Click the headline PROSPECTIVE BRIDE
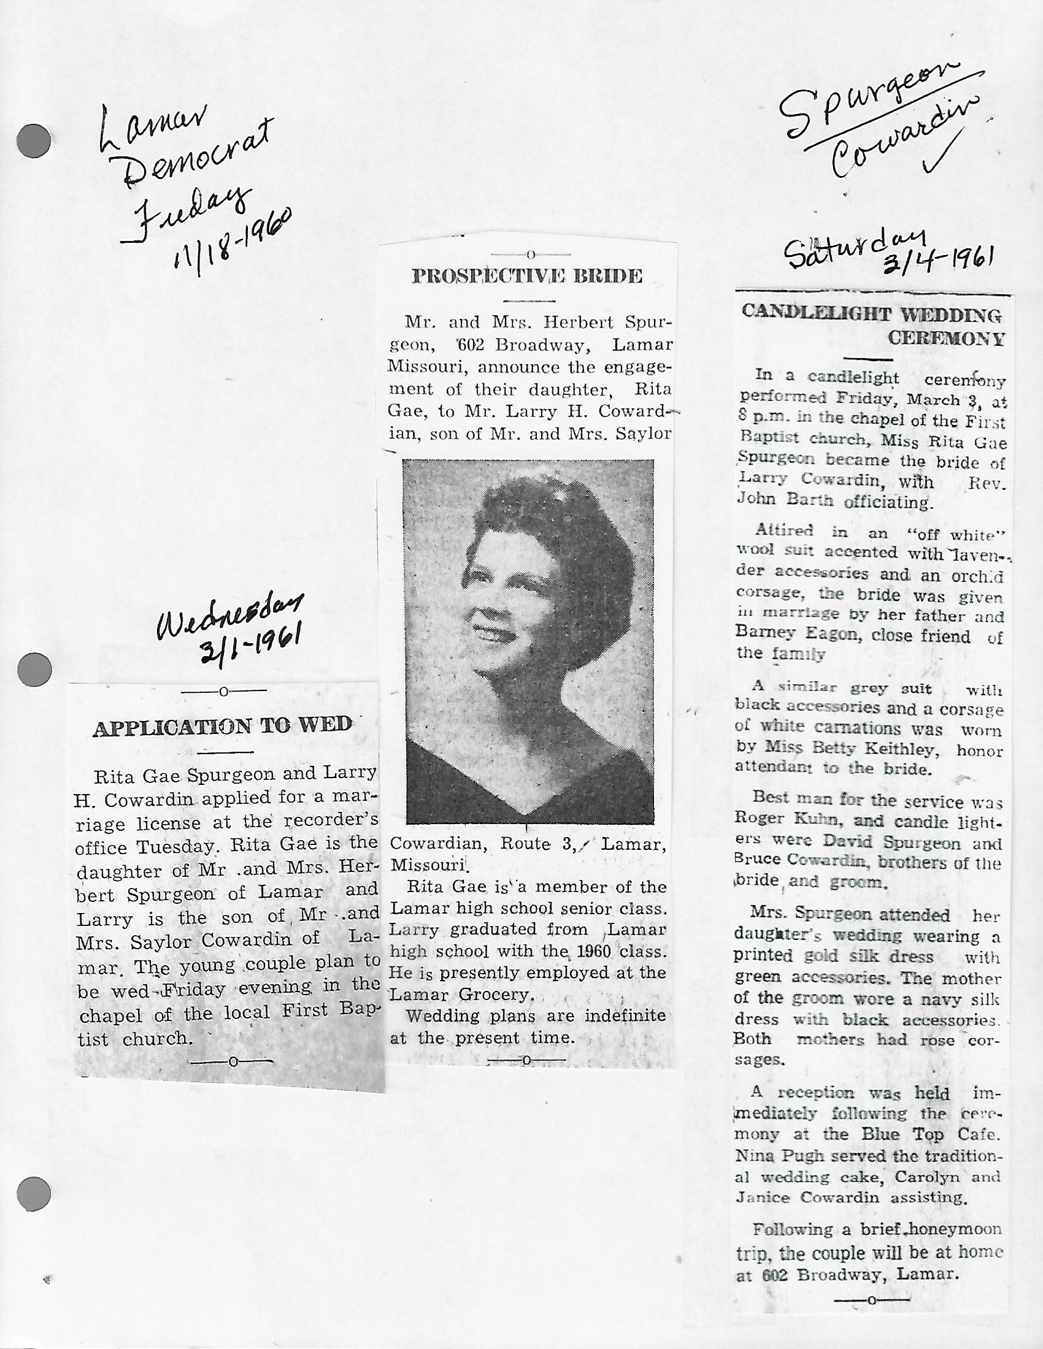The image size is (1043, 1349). coord(527,276)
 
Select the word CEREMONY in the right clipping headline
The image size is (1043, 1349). coord(946,339)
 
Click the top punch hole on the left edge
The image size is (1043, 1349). coord(33,141)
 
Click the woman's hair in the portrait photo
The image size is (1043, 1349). coord(537,531)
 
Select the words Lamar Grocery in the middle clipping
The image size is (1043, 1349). coord(459,995)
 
